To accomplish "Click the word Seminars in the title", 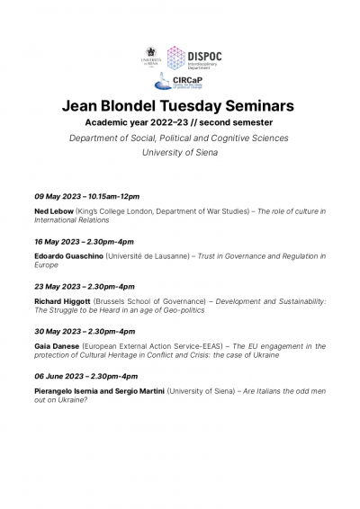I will pyautogui.click(x=261, y=106).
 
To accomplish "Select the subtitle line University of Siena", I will pyautogui.click(x=180, y=153).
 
